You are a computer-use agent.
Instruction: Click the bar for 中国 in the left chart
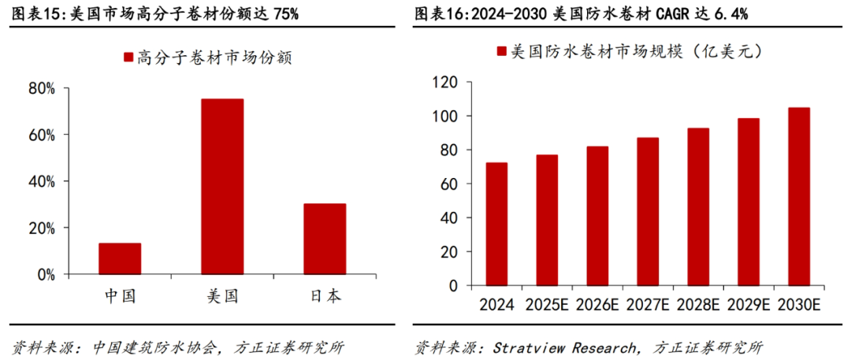point(120,258)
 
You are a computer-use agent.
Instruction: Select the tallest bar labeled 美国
point(222,186)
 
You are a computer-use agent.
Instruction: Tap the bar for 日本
point(325,239)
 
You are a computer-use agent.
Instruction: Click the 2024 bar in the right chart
point(496,224)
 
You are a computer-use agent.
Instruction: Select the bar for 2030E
point(799,196)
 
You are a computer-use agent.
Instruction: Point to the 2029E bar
point(749,202)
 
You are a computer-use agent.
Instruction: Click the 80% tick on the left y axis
point(42,89)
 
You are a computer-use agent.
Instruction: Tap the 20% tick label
point(42,228)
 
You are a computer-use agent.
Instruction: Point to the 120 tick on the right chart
point(445,83)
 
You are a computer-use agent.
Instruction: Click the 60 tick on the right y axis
point(449,184)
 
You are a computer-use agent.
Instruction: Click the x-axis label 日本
point(324,296)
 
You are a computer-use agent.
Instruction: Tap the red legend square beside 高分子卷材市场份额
point(128,57)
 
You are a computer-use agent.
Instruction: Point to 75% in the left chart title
point(284,14)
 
